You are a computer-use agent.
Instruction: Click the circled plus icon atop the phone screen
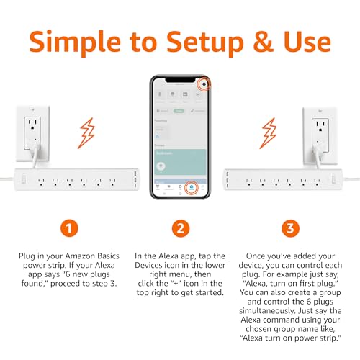pos(205,84)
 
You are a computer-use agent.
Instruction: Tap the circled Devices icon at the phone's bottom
pos(192,189)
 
